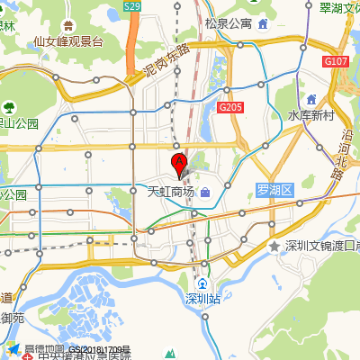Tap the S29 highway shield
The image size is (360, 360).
coord(132,6)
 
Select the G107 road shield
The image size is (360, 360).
coord(336,61)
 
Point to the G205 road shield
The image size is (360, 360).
coord(229,107)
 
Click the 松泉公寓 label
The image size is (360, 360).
coord(228,24)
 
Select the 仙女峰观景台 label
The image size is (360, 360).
coord(68,41)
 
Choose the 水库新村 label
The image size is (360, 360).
coord(310,116)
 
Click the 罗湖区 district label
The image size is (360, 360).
coord(274,190)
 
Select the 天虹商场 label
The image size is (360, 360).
coord(170,192)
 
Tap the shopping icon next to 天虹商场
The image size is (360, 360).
coord(205,192)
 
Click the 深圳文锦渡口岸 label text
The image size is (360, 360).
coord(322,246)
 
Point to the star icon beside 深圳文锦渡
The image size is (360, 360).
coord(274,246)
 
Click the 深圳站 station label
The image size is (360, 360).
coord(202,297)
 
